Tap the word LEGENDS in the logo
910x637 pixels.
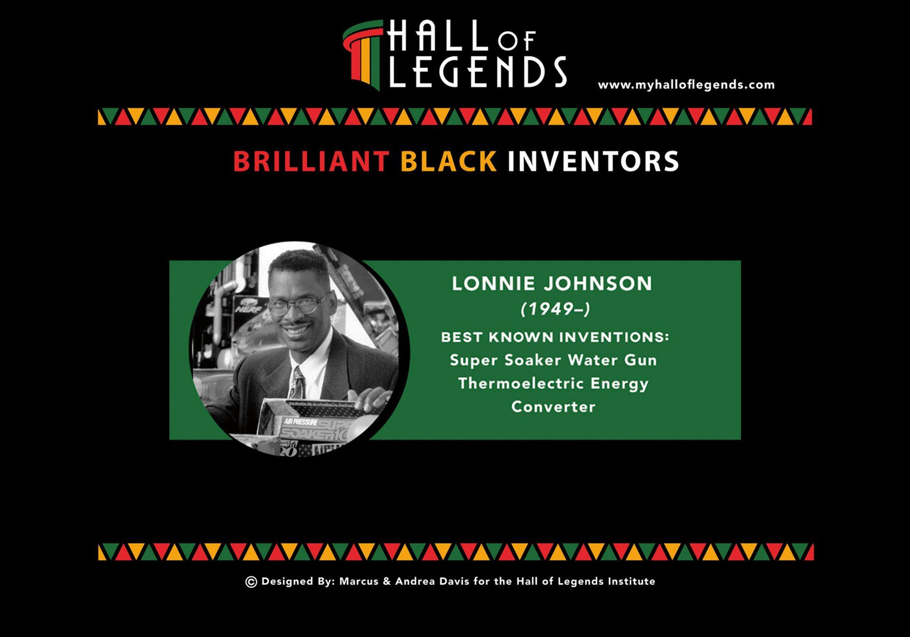coord(478,72)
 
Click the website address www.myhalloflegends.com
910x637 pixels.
coord(686,85)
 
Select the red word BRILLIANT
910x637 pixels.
coord(311,161)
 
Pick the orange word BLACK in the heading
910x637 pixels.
coord(448,161)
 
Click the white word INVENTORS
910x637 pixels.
coord(593,161)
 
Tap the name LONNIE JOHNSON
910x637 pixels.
coord(552,284)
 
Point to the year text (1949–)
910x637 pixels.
coord(555,309)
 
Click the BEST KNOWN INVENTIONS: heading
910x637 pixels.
coord(555,337)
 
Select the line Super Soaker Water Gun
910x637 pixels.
coord(553,360)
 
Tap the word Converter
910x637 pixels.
coord(553,406)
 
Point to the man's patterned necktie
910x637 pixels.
coord(298,383)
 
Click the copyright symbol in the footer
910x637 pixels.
coord(251,582)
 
